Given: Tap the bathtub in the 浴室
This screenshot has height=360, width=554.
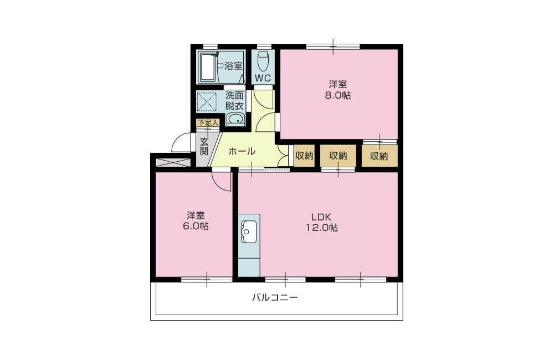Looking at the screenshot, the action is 208,67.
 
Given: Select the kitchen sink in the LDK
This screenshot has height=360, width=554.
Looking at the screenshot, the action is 249,232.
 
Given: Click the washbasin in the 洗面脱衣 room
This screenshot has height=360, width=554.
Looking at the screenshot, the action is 235,119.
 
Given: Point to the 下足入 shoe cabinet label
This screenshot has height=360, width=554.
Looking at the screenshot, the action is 208,122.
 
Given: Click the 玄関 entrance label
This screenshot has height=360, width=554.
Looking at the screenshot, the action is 204,147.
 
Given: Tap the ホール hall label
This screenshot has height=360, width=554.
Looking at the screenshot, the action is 242,152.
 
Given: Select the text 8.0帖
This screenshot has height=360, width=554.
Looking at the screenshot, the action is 338,95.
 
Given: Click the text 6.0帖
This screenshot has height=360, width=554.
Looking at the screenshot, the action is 196,226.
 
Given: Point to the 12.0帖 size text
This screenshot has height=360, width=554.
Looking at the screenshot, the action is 321,228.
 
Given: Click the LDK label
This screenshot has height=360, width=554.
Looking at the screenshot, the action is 321,217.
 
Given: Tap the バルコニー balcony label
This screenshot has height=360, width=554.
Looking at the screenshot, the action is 275,297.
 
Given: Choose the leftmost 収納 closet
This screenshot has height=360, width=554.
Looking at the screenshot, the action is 304,156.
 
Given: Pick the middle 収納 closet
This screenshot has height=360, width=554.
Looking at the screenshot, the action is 338,156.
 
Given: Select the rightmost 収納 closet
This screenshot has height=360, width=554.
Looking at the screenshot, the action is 379,156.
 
